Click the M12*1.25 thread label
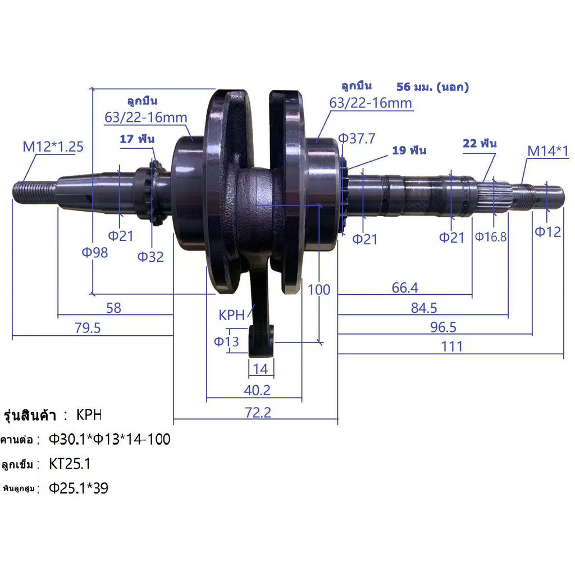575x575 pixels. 53,147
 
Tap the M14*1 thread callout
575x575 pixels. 548,150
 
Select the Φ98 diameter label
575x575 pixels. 94,252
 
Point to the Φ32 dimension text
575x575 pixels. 150,257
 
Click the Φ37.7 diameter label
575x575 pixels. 357,139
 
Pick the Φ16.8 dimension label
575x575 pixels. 491,237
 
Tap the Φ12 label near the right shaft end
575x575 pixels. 548,232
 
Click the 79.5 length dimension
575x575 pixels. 88,328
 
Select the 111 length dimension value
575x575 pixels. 452,346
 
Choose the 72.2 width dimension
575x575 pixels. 258,413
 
